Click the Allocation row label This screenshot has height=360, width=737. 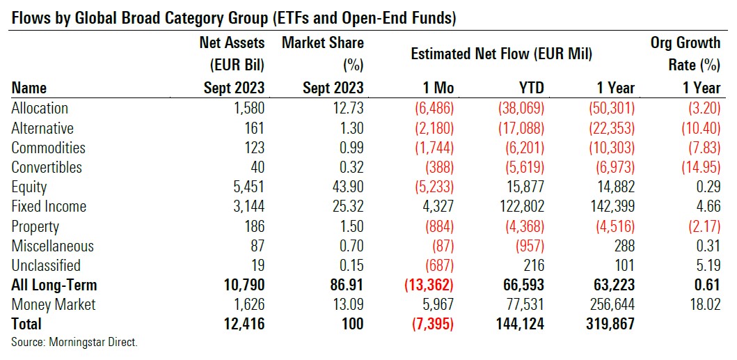[x=40, y=109]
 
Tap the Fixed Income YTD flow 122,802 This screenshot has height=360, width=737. [x=516, y=207]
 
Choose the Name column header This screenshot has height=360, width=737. [x=29, y=88]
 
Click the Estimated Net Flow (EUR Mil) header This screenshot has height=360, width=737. [x=501, y=54]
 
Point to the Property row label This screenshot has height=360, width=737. [x=35, y=226]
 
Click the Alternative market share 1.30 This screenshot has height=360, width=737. [x=349, y=128]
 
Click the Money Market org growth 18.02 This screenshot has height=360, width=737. [x=704, y=304]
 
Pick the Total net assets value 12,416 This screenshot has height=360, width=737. [x=241, y=324]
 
